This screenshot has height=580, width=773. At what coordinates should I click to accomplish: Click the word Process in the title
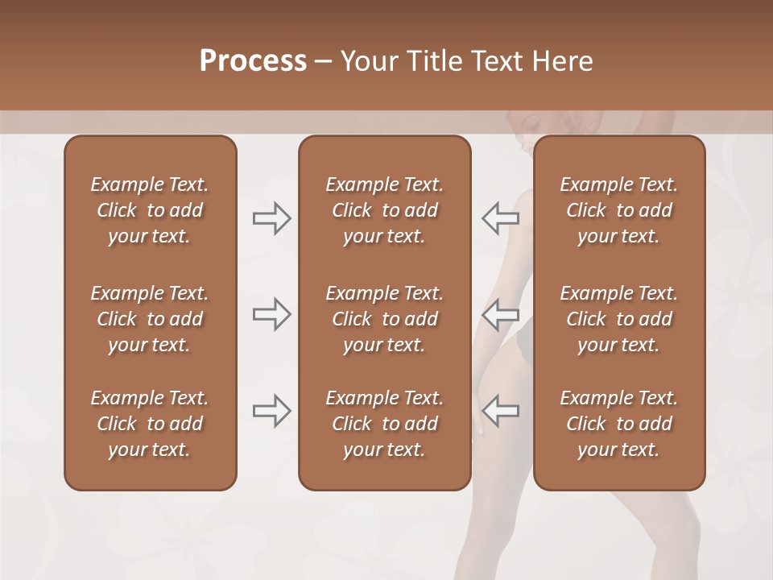coord(253,61)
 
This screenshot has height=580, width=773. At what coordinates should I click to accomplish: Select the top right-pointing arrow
coord(272,218)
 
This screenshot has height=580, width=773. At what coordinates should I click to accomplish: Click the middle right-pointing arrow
coord(272,314)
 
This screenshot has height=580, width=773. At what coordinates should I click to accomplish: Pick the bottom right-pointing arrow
coord(272,411)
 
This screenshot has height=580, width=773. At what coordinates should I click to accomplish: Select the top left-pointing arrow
coord(500,218)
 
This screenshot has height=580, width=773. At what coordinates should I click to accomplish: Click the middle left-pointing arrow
coord(500,314)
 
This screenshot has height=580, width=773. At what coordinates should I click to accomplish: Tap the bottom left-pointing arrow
coord(500,411)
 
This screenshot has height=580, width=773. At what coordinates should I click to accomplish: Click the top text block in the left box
coord(150,210)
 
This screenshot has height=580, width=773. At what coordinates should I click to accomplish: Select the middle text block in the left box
coord(150,319)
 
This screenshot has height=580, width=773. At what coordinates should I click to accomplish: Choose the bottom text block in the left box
coord(150,424)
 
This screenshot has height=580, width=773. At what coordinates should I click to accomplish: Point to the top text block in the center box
coord(384,210)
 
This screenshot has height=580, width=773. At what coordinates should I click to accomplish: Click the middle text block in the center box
coord(384,319)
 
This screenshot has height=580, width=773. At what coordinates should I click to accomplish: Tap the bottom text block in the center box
coord(384,424)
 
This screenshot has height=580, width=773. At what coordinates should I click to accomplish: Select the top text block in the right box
coord(619,210)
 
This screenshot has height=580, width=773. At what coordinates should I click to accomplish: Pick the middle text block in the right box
coord(619,319)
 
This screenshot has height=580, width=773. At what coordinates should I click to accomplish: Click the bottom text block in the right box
coord(619,424)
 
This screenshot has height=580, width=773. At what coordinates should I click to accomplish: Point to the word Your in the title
coord(367,61)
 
